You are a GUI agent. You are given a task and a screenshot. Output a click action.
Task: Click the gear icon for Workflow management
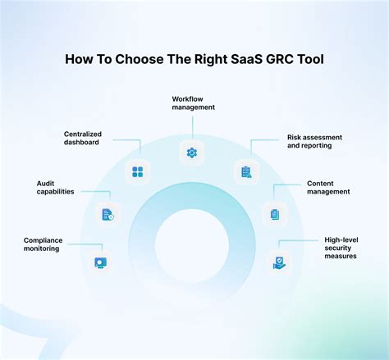192,153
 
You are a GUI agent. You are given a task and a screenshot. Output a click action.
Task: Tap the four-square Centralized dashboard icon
138,171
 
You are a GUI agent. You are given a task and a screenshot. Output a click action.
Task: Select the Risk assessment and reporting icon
245,172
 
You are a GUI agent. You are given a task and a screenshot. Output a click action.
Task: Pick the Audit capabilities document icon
108,215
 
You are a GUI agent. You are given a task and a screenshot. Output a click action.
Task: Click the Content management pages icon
275,215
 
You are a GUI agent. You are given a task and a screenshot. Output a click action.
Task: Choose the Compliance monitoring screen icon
100,263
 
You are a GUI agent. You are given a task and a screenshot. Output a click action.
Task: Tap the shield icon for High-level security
281,263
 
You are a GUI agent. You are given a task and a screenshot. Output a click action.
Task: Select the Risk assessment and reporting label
314,143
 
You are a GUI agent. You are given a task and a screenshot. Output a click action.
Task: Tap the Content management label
328,187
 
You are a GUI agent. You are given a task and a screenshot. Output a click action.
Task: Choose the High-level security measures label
341,248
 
